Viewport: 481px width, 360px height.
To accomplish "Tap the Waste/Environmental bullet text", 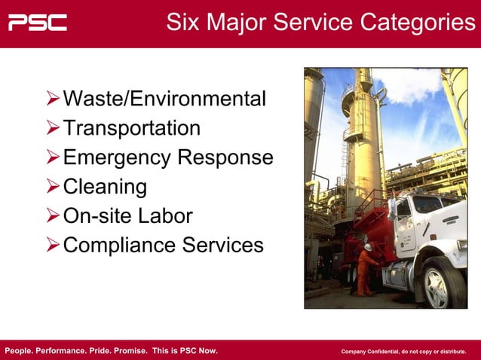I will pos(164,99).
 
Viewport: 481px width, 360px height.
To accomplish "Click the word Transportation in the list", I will pos(132,128).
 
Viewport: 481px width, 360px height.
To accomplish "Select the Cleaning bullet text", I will pos(105,187).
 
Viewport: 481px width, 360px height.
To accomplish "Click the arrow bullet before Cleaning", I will pos(52,187).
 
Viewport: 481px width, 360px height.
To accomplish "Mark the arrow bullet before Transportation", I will pos(52,128).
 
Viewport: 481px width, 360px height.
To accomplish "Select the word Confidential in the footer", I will pos(381,352).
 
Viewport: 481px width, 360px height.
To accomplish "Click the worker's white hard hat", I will pos(368,247).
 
